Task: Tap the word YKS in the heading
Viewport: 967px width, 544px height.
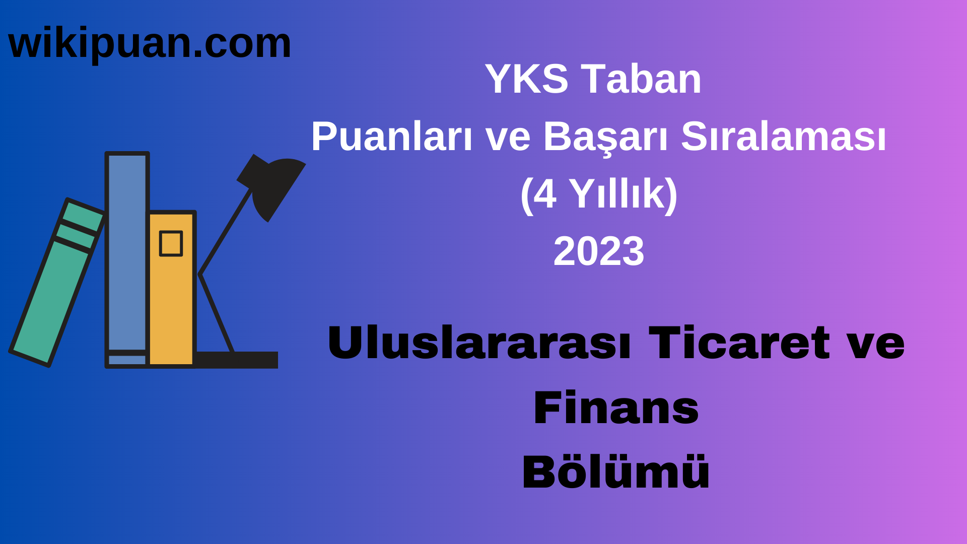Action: tap(526, 79)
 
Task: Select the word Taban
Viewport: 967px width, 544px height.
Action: tap(642, 79)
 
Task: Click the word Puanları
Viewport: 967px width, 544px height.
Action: tap(391, 137)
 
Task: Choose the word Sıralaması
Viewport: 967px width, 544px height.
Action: tap(783, 137)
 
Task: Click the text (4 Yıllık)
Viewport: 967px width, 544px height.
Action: tap(599, 194)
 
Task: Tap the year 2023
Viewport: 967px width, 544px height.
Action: tap(599, 251)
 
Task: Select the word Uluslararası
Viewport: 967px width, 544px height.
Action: tap(479, 343)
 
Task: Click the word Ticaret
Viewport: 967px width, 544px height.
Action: tap(739, 343)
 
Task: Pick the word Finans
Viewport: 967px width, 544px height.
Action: tap(616, 408)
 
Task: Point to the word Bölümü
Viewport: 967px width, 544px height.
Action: tap(616, 472)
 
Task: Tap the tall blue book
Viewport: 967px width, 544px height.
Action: tap(127, 252)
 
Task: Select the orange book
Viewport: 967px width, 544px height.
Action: tap(171, 302)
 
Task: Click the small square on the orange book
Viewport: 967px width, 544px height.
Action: tap(171, 243)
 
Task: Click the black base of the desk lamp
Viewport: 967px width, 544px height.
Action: tap(237, 360)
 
